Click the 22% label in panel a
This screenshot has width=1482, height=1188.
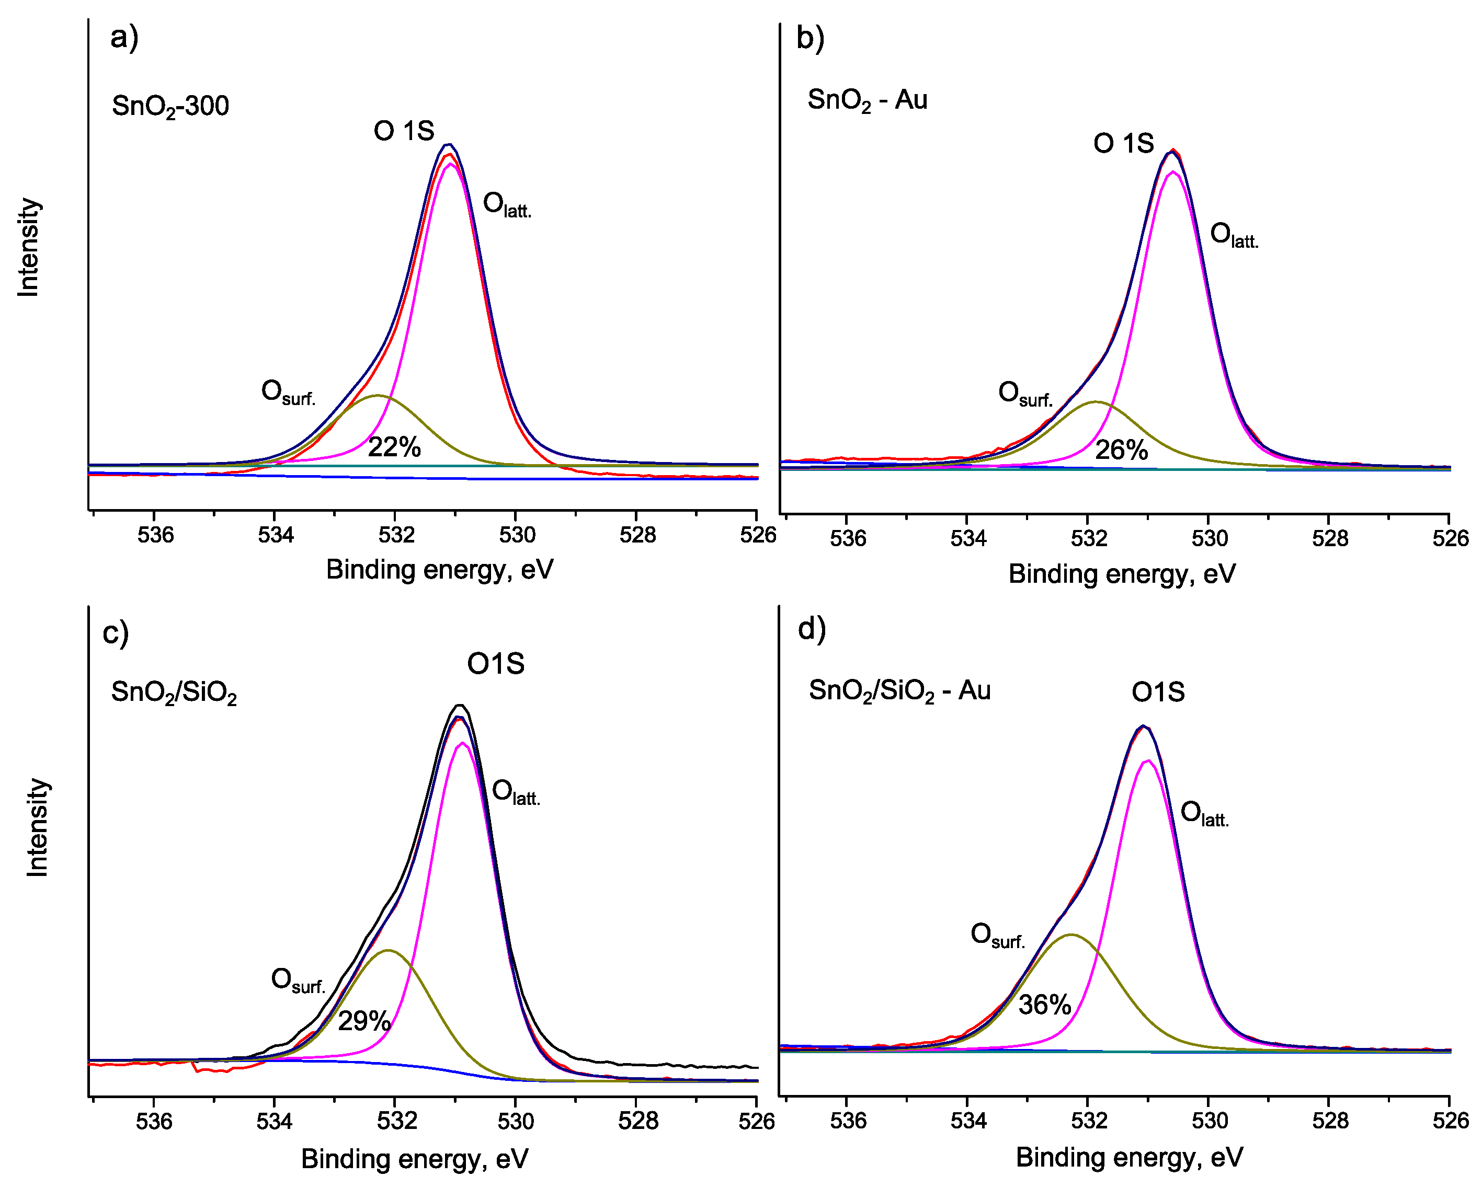click(x=394, y=447)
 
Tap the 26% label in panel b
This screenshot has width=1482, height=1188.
click(x=1121, y=450)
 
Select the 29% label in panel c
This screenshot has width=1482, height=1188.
click(x=363, y=1021)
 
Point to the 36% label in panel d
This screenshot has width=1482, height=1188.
click(x=1044, y=1005)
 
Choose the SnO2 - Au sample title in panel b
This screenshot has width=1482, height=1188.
click(x=867, y=100)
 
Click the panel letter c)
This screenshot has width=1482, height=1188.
click(x=115, y=632)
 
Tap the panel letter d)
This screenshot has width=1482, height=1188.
click(x=811, y=629)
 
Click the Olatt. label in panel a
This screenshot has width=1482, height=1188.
click(x=507, y=205)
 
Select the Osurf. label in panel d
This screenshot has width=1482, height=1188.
click(x=997, y=936)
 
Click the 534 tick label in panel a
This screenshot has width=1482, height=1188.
click(x=275, y=535)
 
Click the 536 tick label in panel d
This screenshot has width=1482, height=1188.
click(x=848, y=1121)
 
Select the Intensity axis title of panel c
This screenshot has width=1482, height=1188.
click(x=37, y=827)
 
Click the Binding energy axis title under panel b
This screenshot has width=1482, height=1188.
click(x=1122, y=574)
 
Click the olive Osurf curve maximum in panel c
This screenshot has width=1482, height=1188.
click(x=389, y=950)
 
